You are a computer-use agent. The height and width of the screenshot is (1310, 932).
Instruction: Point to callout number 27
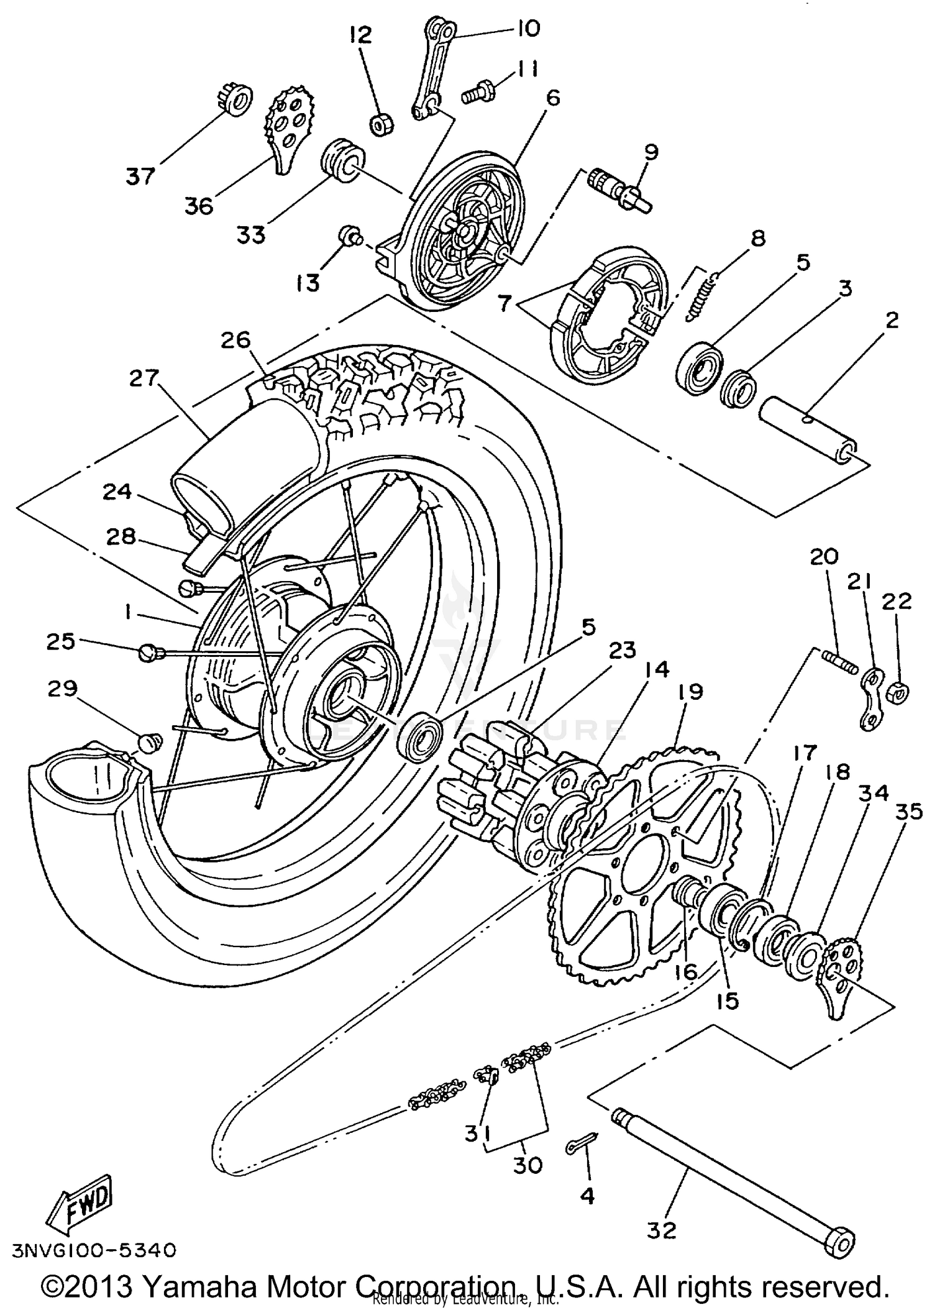[145, 378]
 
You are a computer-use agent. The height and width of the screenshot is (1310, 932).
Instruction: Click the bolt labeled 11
[479, 94]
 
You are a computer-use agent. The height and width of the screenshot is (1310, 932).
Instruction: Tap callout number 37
[140, 176]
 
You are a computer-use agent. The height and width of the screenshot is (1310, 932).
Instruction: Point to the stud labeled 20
[839, 661]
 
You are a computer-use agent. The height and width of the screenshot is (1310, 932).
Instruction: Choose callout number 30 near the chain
[528, 1165]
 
